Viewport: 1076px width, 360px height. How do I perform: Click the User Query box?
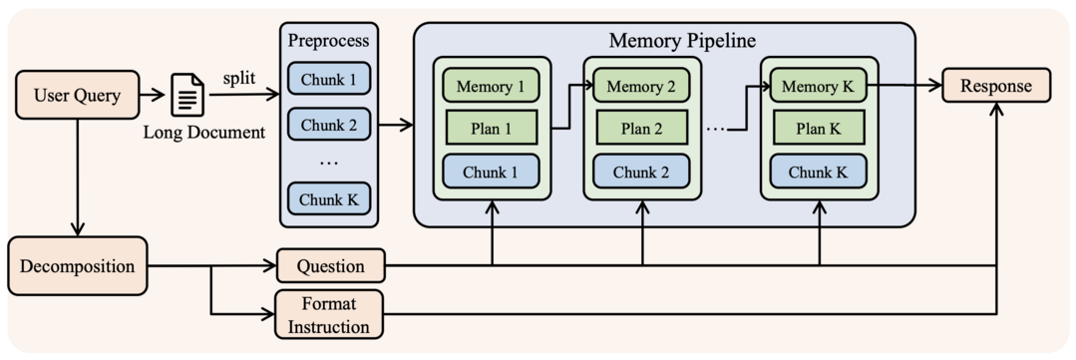(77, 96)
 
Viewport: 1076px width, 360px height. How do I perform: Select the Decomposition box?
(77, 266)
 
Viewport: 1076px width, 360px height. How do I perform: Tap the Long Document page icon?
(188, 96)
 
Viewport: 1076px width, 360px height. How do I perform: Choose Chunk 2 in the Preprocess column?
(328, 125)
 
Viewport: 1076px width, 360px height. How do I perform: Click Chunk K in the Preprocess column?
(328, 199)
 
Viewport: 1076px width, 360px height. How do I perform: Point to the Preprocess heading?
(328, 41)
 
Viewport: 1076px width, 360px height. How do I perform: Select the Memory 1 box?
(491, 86)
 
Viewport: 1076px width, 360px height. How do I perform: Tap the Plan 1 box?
(491, 128)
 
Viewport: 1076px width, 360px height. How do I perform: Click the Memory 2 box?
(642, 86)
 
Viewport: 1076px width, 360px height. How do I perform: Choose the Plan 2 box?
(642, 128)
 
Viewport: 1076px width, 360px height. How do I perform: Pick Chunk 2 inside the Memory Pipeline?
(642, 172)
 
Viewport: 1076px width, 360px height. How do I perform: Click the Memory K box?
(818, 86)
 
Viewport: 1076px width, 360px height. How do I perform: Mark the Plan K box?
(818, 128)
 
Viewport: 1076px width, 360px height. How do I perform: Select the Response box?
(996, 86)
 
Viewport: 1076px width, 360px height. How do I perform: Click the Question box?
(329, 266)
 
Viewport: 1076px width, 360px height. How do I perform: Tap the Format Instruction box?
(329, 313)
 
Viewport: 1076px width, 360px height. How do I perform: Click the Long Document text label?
(204, 133)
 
